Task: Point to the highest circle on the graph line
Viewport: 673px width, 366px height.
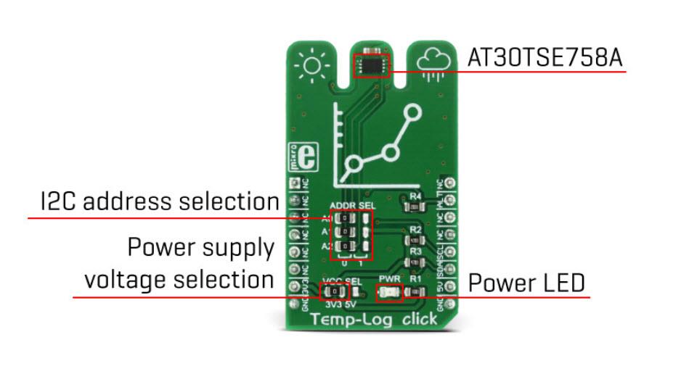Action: tap(412, 112)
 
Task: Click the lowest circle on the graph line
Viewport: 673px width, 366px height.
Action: tap(353, 165)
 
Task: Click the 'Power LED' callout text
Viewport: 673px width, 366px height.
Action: tap(526, 283)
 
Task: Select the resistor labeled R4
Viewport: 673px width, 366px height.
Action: tap(415, 207)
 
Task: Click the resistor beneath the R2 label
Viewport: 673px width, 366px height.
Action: tap(415, 240)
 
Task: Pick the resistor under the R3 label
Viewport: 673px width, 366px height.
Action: tap(415, 261)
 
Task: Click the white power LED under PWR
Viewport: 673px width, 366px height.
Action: tap(388, 293)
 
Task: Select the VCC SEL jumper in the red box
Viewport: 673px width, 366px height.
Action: tap(334, 292)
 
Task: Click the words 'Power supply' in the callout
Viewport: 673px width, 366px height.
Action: tap(201, 248)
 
